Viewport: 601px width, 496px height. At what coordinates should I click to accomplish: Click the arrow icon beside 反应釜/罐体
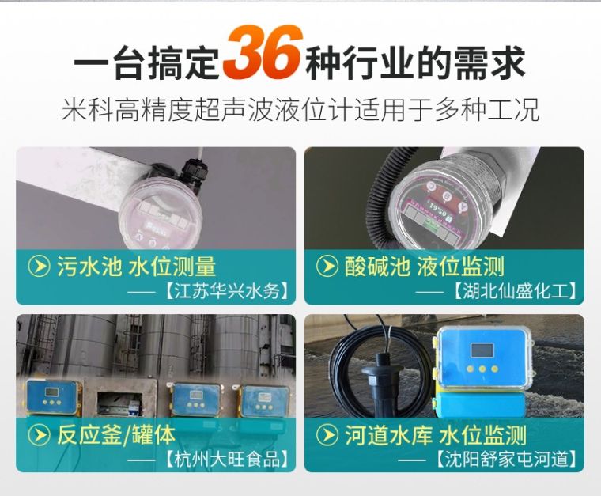[x=40, y=434]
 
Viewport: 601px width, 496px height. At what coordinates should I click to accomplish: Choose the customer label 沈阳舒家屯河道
[x=505, y=460]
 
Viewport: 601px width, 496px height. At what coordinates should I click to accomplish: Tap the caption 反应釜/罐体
[x=116, y=434]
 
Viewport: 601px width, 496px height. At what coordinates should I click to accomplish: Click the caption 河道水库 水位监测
[x=436, y=434]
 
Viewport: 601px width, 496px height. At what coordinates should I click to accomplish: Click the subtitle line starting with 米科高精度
[x=300, y=109]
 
